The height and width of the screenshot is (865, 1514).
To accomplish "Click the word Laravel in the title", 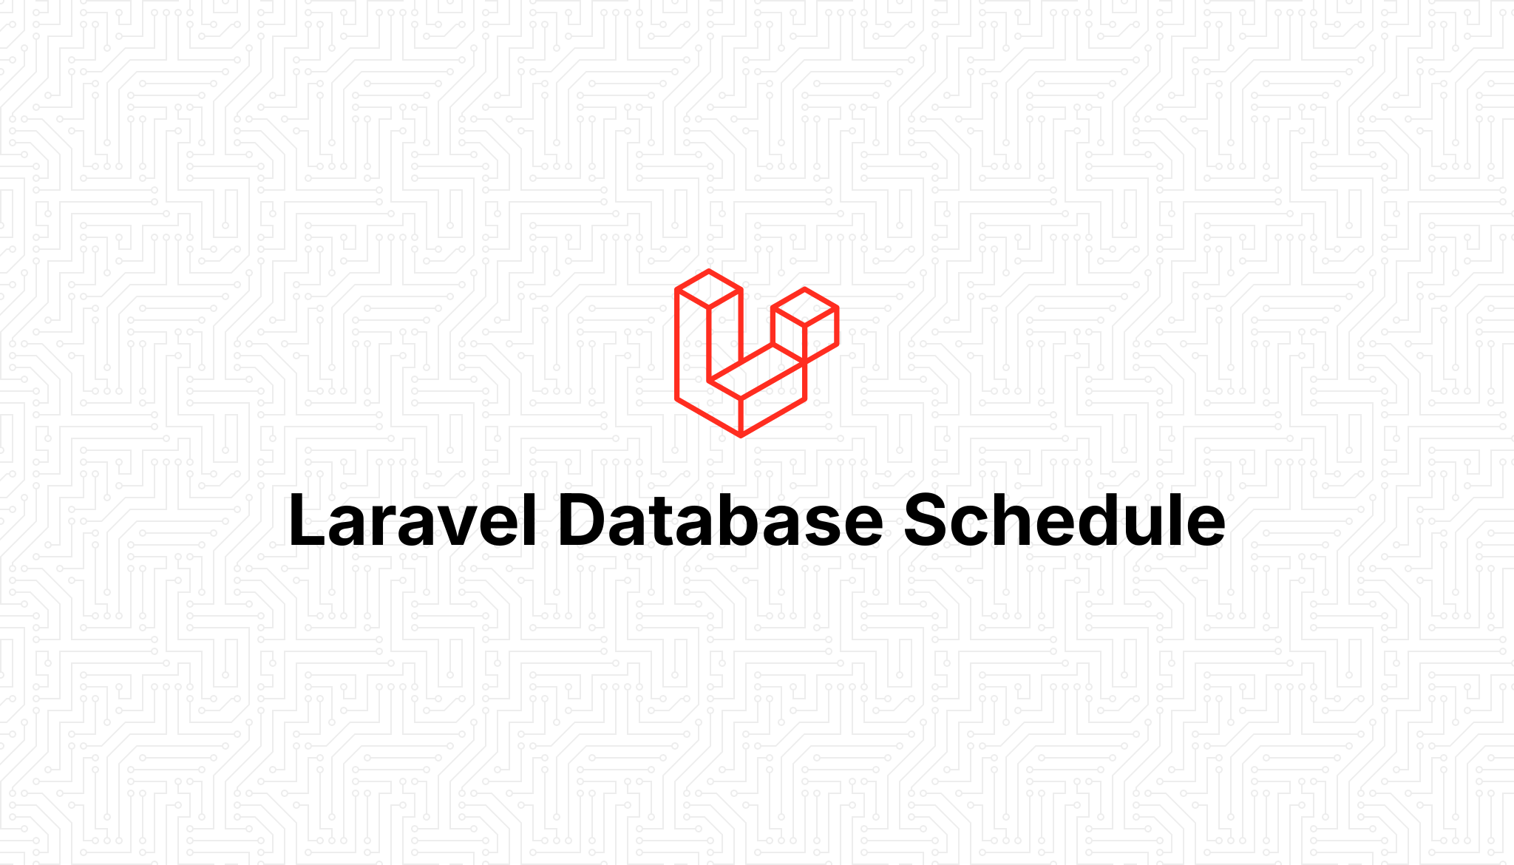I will click(413, 520).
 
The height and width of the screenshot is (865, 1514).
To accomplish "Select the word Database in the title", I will click(720, 520).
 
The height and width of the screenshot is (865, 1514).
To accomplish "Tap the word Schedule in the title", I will click(1064, 520).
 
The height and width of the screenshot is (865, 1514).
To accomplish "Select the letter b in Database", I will click(741, 520).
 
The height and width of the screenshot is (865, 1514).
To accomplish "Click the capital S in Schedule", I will click(929, 520).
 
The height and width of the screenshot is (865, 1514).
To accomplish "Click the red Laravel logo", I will click(756, 353).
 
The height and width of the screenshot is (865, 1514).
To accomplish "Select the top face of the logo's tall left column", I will click(708, 289).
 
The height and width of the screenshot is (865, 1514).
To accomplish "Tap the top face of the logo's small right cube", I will click(804, 306).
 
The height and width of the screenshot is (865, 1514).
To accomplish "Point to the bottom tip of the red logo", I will click(741, 435).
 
